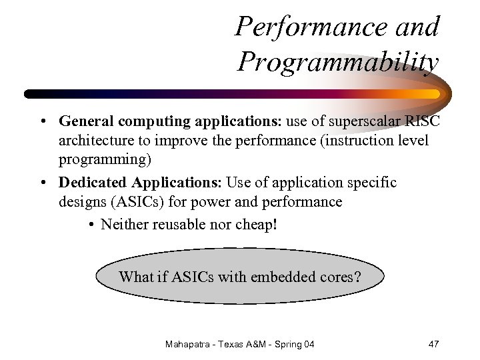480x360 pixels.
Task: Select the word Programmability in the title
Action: coord(338,63)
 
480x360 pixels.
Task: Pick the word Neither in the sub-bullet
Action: coord(125,224)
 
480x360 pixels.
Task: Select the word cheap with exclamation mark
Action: coord(256,224)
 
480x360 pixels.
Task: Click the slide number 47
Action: coord(433,344)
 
